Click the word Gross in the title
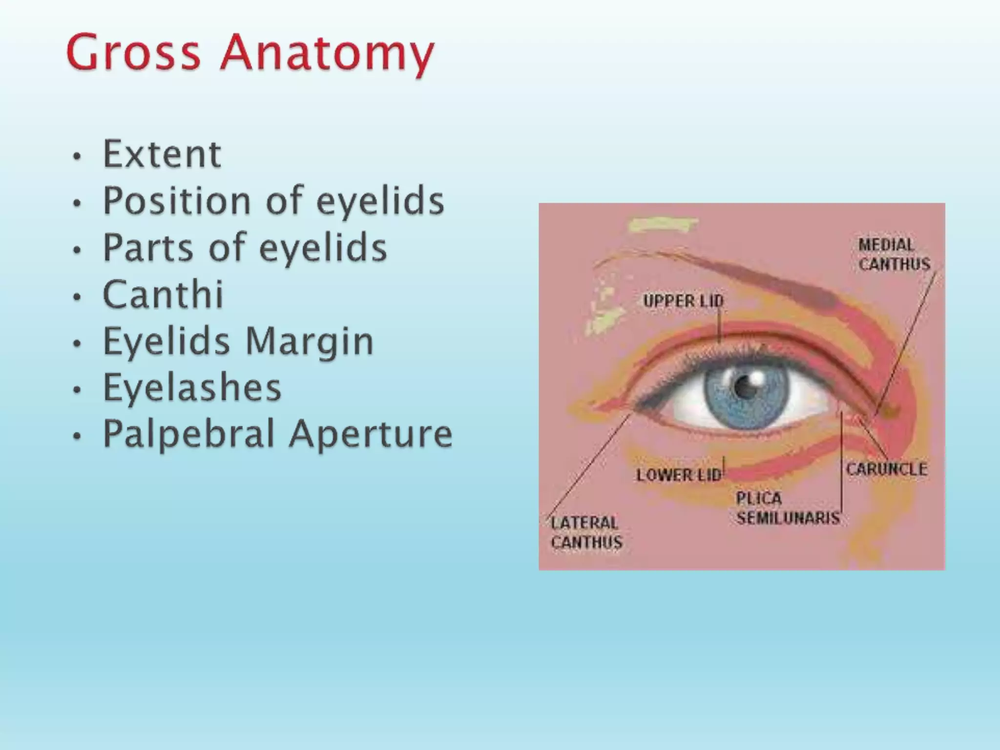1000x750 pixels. coord(133,52)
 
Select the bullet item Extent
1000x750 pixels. coord(162,154)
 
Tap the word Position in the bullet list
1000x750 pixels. coord(177,201)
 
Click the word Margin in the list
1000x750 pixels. coord(309,342)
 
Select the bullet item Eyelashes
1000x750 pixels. coord(192,388)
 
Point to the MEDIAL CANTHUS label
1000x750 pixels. coord(894,254)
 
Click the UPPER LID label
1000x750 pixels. coord(683,301)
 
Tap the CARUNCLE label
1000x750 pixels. coord(886,469)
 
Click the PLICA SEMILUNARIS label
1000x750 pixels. coord(787,508)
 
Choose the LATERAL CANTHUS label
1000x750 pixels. coord(586,533)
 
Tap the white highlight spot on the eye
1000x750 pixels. coord(758,378)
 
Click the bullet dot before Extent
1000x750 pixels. coord(76,157)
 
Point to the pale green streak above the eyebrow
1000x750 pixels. coord(662,225)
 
